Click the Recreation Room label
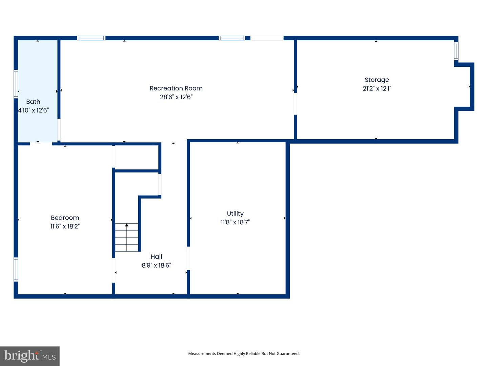(x=176, y=88)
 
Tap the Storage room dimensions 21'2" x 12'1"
(x=377, y=88)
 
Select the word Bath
(x=33, y=102)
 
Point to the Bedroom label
(x=65, y=218)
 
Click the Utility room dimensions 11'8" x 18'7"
(x=235, y=222)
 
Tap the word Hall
(x=156, y=257)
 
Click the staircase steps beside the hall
(x=126, y=237)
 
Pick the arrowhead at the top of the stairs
(x=127, y=225)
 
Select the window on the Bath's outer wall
(x=16, y=84)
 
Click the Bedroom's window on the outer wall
(x=16, y=269)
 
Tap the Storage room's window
(x=456, y=51)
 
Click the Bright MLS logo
(x=30, y=356)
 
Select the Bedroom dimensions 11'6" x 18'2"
(x=65, y=226)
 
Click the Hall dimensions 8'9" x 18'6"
(x=156, y=265)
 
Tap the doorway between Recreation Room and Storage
(x=295, y=104)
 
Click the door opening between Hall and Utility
(x=188, y=258)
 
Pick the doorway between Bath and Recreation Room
(x=59, y=130)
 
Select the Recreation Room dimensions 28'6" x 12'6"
(x=176, y=97)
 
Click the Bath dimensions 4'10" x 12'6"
(x=33, y=110)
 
